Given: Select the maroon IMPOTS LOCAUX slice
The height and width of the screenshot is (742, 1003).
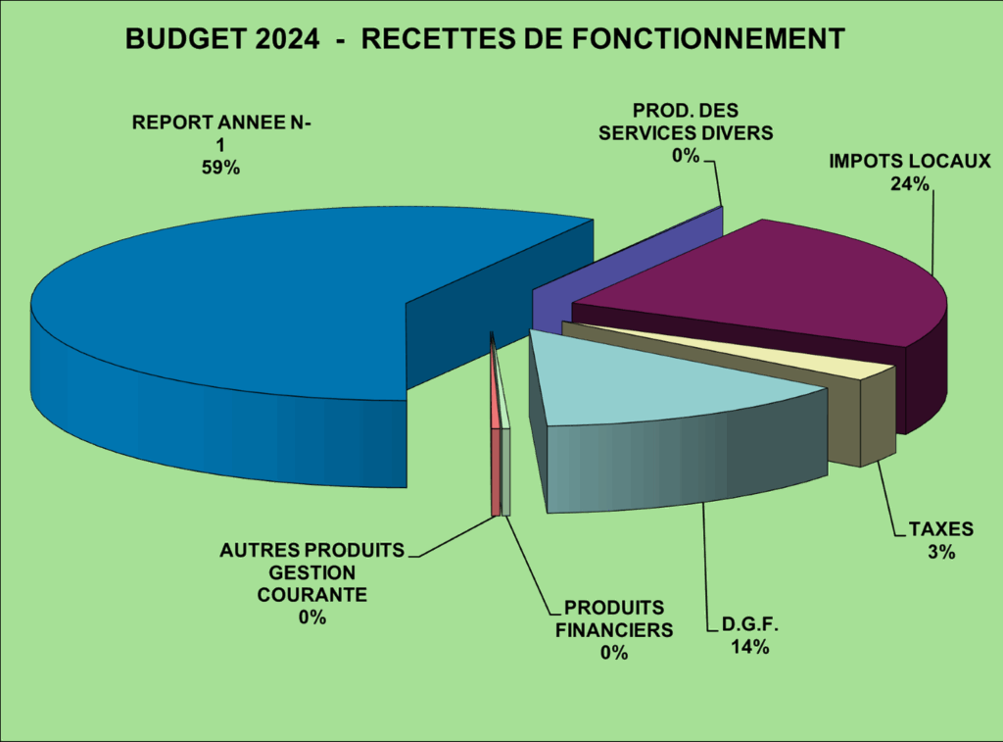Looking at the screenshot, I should tap(784, 284).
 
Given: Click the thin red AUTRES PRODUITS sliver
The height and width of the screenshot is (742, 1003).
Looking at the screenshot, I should tap(495, 470).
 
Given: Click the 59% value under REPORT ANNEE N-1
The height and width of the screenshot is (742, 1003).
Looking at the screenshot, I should tap(220, 168).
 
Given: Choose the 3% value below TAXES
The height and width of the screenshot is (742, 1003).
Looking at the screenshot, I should tap(941, 552).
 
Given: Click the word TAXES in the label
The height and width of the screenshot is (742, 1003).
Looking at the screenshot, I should tap(941, 529).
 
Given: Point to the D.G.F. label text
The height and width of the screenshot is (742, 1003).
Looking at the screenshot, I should tap(749, 625).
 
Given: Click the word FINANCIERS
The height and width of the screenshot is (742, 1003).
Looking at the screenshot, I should tap(614, 630).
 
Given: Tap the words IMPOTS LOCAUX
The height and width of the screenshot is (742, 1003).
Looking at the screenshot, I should tap(911, 161).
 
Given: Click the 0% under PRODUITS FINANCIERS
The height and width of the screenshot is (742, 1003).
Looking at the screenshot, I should tap(614, 653).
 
